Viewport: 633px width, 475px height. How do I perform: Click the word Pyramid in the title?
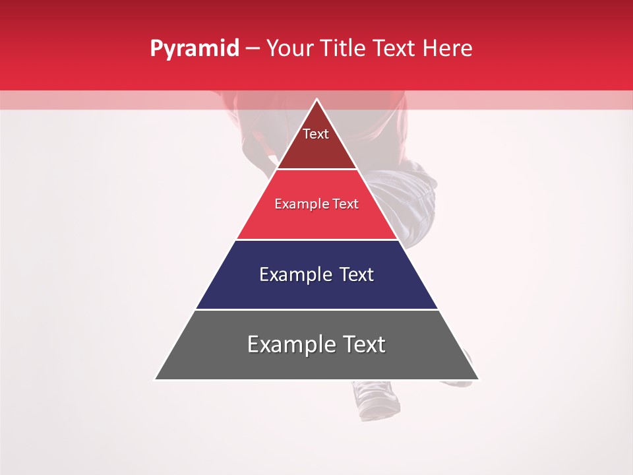pos(195,49)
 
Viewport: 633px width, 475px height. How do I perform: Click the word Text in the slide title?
pos(394,48)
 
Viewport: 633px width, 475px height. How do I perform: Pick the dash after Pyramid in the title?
pos(252,49)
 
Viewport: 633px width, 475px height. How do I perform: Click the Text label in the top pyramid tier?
pos(316,134)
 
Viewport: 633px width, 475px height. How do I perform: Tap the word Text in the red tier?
pos(345,205)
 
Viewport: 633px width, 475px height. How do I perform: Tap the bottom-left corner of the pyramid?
pos(156,379)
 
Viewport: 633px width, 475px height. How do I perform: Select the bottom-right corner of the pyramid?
pos(479,379)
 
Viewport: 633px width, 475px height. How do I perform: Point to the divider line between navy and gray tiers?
pos(316,309)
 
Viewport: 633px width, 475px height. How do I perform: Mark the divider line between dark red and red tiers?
pos(316,169)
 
